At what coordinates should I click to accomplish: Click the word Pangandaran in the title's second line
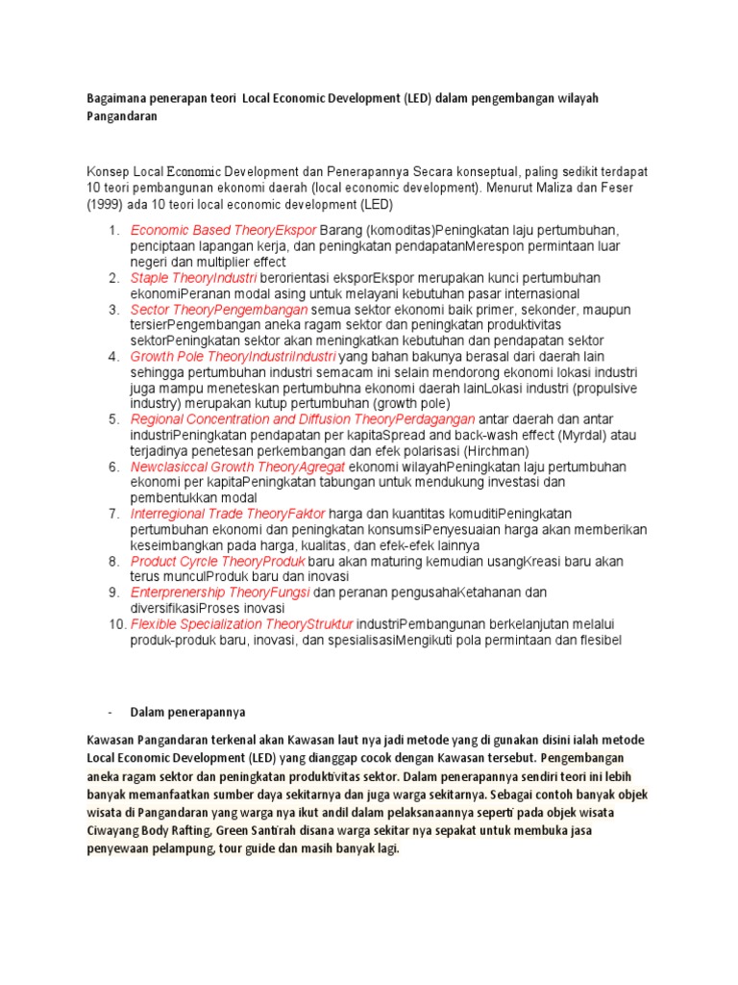[x=123, y=116]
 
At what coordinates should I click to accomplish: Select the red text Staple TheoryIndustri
[x=186, y=278]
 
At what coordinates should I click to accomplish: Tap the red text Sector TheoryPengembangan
[x=219, y=310]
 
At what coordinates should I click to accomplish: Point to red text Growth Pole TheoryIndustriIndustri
[x=234, y=357]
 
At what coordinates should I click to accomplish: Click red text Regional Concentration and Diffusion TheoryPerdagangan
[x=303, y=419]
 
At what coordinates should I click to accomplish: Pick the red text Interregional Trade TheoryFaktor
[x=228, y=514]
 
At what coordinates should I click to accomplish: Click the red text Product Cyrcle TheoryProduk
[x=217, y=561]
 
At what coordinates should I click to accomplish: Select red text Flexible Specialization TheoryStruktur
[x=241, y=624]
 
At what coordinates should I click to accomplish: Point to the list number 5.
[x=112, y=419]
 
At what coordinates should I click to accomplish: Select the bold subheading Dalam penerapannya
[x=188, y=713]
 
